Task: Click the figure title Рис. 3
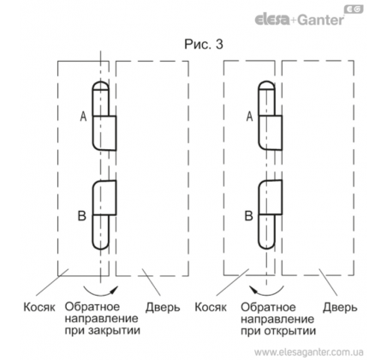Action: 204,45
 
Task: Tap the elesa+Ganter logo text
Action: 300,20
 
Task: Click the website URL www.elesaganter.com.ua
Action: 308,351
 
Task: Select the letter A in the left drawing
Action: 83,117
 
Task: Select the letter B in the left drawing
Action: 82,216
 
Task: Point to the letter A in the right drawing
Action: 249,117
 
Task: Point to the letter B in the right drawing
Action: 248,216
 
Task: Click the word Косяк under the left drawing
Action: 39,308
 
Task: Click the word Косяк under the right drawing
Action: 211,308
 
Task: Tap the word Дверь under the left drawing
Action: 163,308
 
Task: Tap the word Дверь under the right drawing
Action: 340,308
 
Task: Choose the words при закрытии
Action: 103,331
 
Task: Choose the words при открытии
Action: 278,331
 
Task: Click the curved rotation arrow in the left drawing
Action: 100,293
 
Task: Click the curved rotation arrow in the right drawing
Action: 267,293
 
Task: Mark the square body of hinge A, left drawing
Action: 104,133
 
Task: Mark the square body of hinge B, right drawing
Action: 271,197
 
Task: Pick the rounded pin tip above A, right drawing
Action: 266,85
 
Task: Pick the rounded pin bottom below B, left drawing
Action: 100,245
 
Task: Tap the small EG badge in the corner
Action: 354,9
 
